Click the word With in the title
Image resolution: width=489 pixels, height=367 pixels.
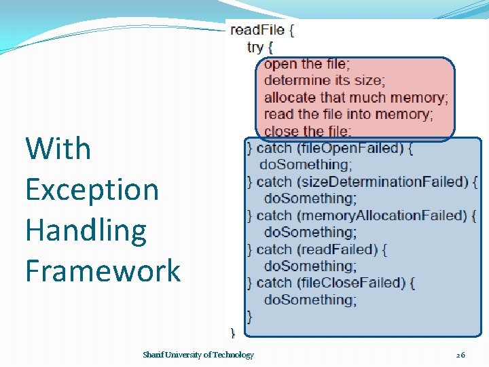point(58,148)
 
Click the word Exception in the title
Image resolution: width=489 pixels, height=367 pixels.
point(92,189)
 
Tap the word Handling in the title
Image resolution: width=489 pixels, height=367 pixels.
point(86,230)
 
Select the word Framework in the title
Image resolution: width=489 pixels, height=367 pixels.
point(103,270)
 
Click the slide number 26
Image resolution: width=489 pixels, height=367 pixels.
point(460,355)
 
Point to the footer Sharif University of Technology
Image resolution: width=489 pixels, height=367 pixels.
point(198,355)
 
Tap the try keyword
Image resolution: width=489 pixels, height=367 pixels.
point(255,47)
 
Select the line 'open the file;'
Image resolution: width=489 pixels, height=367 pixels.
point(307,64)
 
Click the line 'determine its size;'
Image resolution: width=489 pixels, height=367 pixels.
point(324,81)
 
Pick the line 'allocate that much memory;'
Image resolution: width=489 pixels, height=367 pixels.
point(356,98)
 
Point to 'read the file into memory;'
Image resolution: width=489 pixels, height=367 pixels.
point(348,114)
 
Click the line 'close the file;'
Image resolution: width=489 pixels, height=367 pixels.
point(307,131)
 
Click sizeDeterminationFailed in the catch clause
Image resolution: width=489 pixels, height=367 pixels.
point(380,181)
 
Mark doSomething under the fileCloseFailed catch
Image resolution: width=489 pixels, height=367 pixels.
point(310,300)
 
